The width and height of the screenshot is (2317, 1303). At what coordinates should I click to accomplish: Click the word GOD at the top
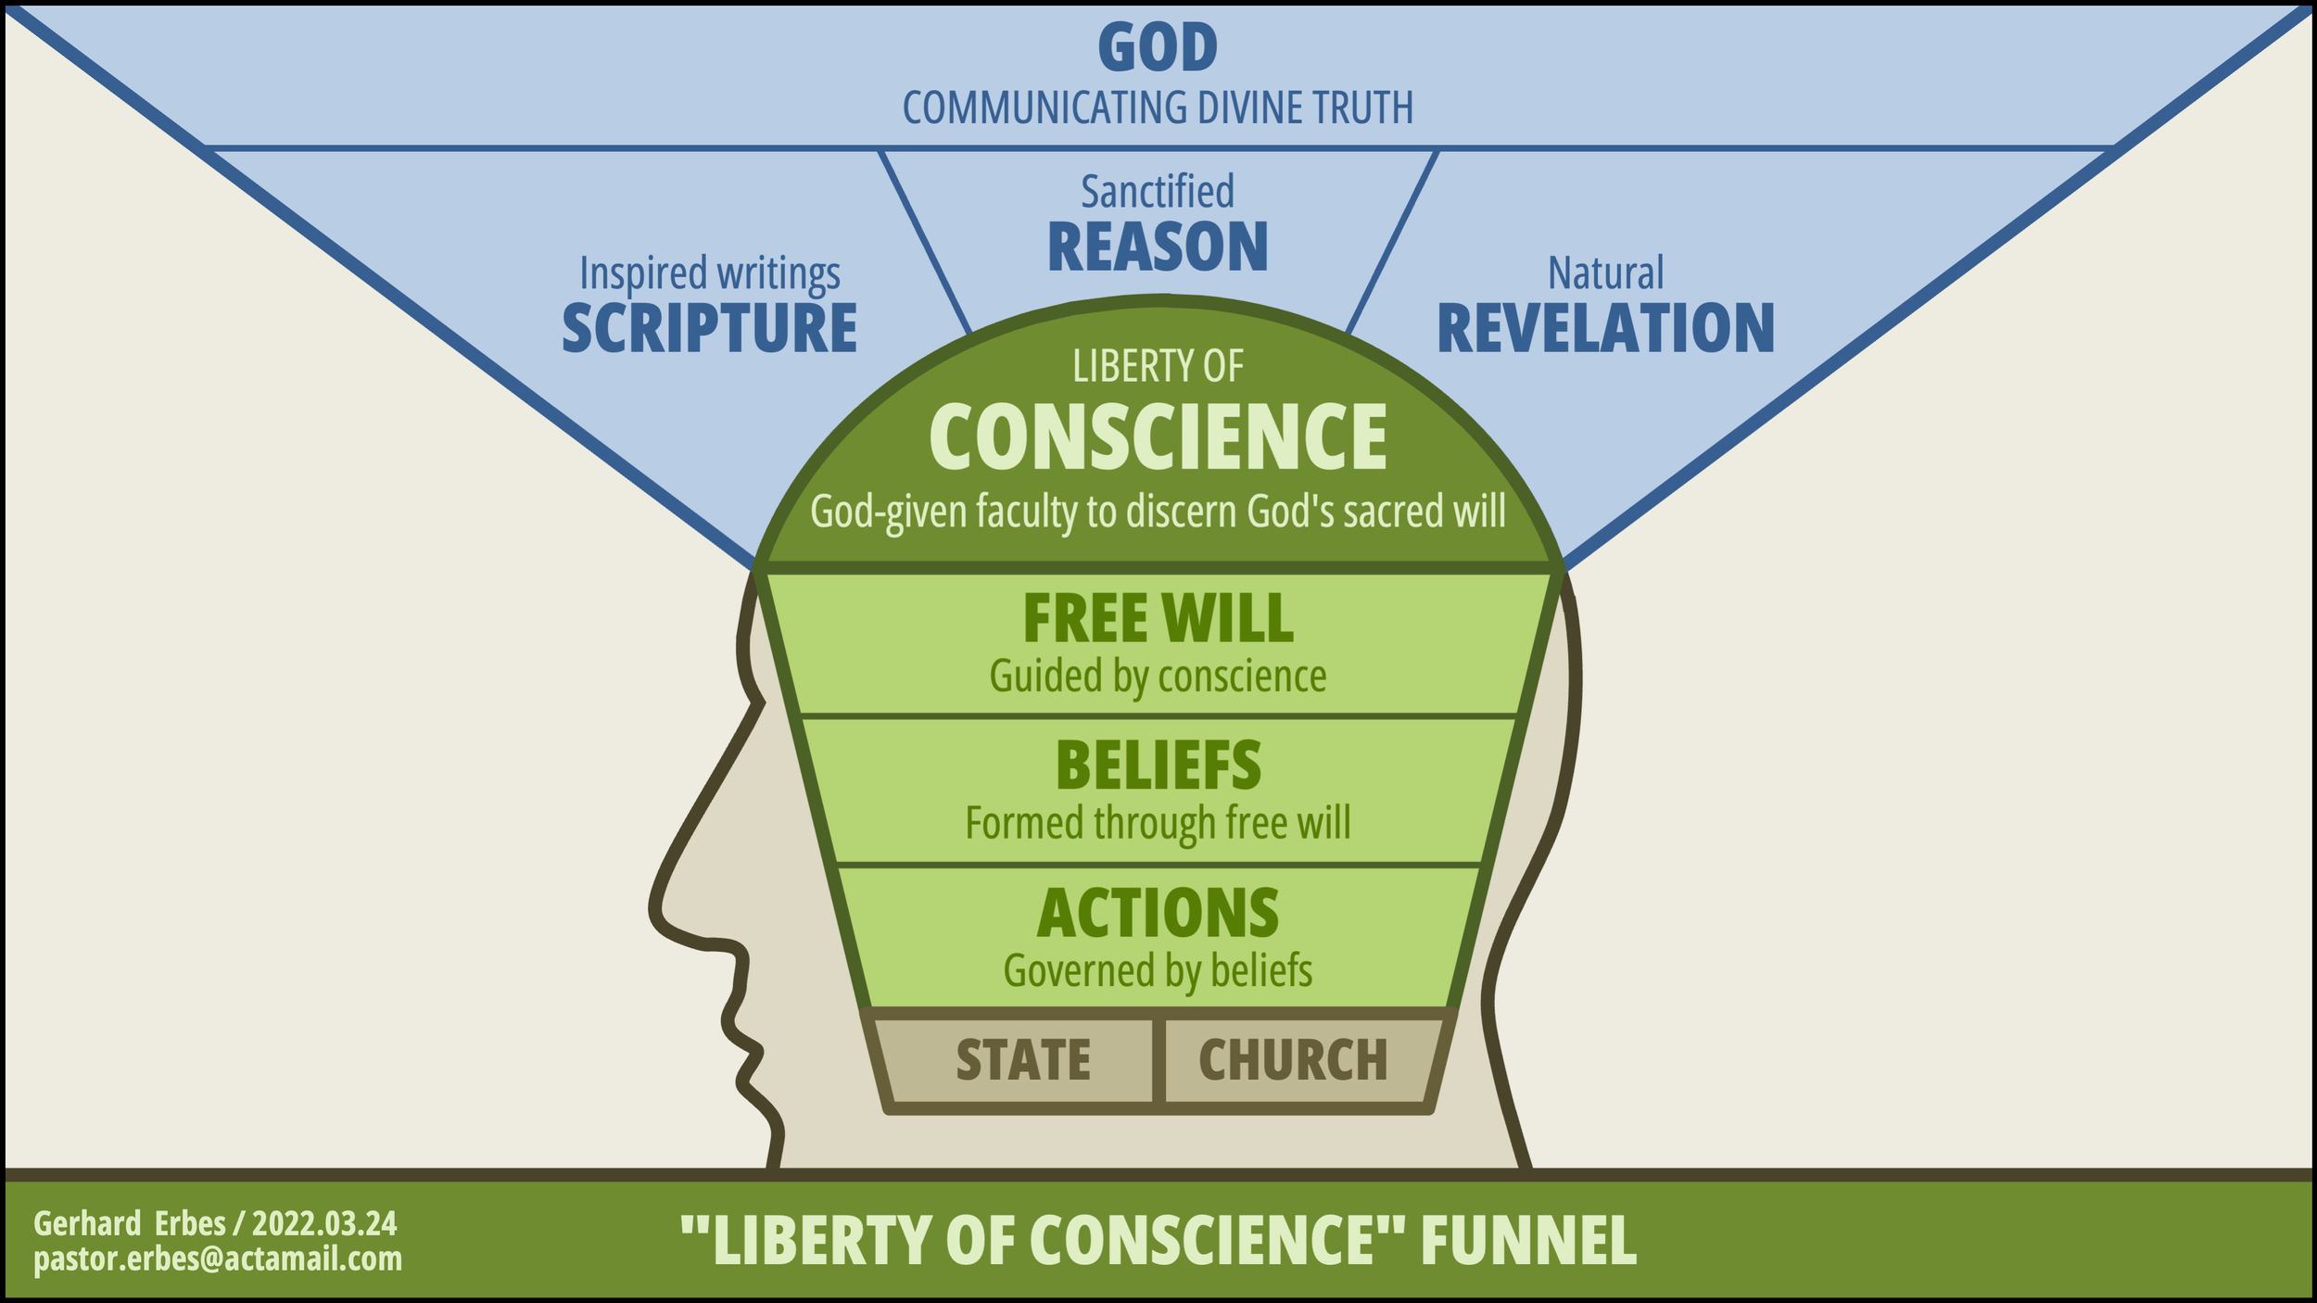click(x=1158, y=48)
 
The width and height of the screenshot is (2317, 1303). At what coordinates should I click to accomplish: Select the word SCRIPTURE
click(x=710, y=329)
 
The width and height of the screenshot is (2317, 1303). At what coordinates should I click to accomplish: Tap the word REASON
click(x=1158, y=247)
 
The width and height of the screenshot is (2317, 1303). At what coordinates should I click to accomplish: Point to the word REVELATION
click(x=1605, y=329)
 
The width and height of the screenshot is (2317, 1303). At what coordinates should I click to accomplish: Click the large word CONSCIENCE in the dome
click(x=1158, y=437)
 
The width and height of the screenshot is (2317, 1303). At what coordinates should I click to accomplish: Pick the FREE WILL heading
click(x=1158, y=619)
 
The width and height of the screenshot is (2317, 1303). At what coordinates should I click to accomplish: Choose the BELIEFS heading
click(x=1158, y=766)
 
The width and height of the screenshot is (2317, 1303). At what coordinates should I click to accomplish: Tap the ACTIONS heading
click(x=1158, y=914)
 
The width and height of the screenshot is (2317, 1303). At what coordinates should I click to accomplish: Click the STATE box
click(x=1023, y=1060)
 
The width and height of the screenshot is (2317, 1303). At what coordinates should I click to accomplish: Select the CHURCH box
click(x=1293, y=1060)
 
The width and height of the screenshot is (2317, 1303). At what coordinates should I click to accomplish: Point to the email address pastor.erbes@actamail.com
click(x=218, y=1259)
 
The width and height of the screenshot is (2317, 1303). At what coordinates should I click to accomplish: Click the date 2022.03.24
click(x=324, y=1224)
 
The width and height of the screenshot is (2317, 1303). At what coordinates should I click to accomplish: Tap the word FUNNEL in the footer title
click(x=1528, y=1241)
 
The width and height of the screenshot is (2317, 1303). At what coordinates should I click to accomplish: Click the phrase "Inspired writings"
click(x=710, y=273)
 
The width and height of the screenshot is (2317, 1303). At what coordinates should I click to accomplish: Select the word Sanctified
click(x=1158, y=192)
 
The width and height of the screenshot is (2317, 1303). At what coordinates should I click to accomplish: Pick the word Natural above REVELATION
click(x=1605, y=273)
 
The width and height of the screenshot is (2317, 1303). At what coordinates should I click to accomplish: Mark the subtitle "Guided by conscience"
click(x=1158, y=677)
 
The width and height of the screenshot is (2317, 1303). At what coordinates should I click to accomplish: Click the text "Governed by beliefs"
click(x=1158, y=971)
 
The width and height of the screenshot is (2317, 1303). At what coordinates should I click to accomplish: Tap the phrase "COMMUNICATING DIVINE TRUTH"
click(x=1158, y=108)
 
